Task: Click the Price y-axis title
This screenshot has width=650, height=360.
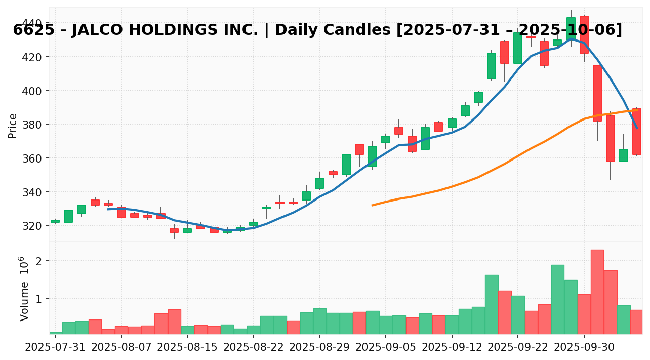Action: click(13, 126)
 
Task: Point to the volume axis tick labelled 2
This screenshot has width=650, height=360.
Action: click(39, 261)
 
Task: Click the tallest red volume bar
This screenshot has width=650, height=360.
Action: click(597, 292)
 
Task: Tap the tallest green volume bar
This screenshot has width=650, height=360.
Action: click(557, 299)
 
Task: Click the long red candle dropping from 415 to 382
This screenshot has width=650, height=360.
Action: click(597, 93)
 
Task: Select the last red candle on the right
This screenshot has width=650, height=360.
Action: click(636, 132)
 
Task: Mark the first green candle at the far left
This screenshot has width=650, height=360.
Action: click(55, 221)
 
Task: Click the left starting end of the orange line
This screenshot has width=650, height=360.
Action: click(372, 205)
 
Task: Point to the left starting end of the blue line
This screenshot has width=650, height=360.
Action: click(108, 209)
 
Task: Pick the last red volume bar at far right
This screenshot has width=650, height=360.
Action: click(636, 322)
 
